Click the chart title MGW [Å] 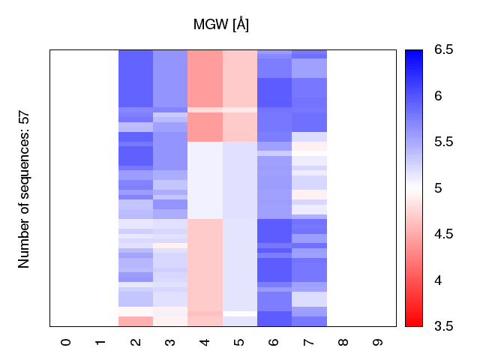(221, 25)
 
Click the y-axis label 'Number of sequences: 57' (24, 189)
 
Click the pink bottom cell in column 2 (135, 322)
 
